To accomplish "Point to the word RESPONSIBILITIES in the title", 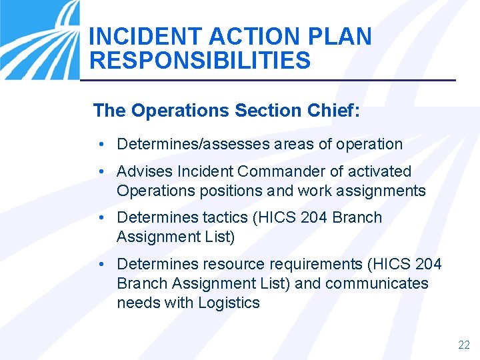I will [199, 61].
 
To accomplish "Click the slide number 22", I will [464, 345].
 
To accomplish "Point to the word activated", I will [378, 172].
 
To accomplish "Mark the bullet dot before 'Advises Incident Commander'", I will [99, 172].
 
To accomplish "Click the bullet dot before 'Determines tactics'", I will [99, 218].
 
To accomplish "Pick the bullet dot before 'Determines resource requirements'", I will [99, 265].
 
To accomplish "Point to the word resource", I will [229, 265].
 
